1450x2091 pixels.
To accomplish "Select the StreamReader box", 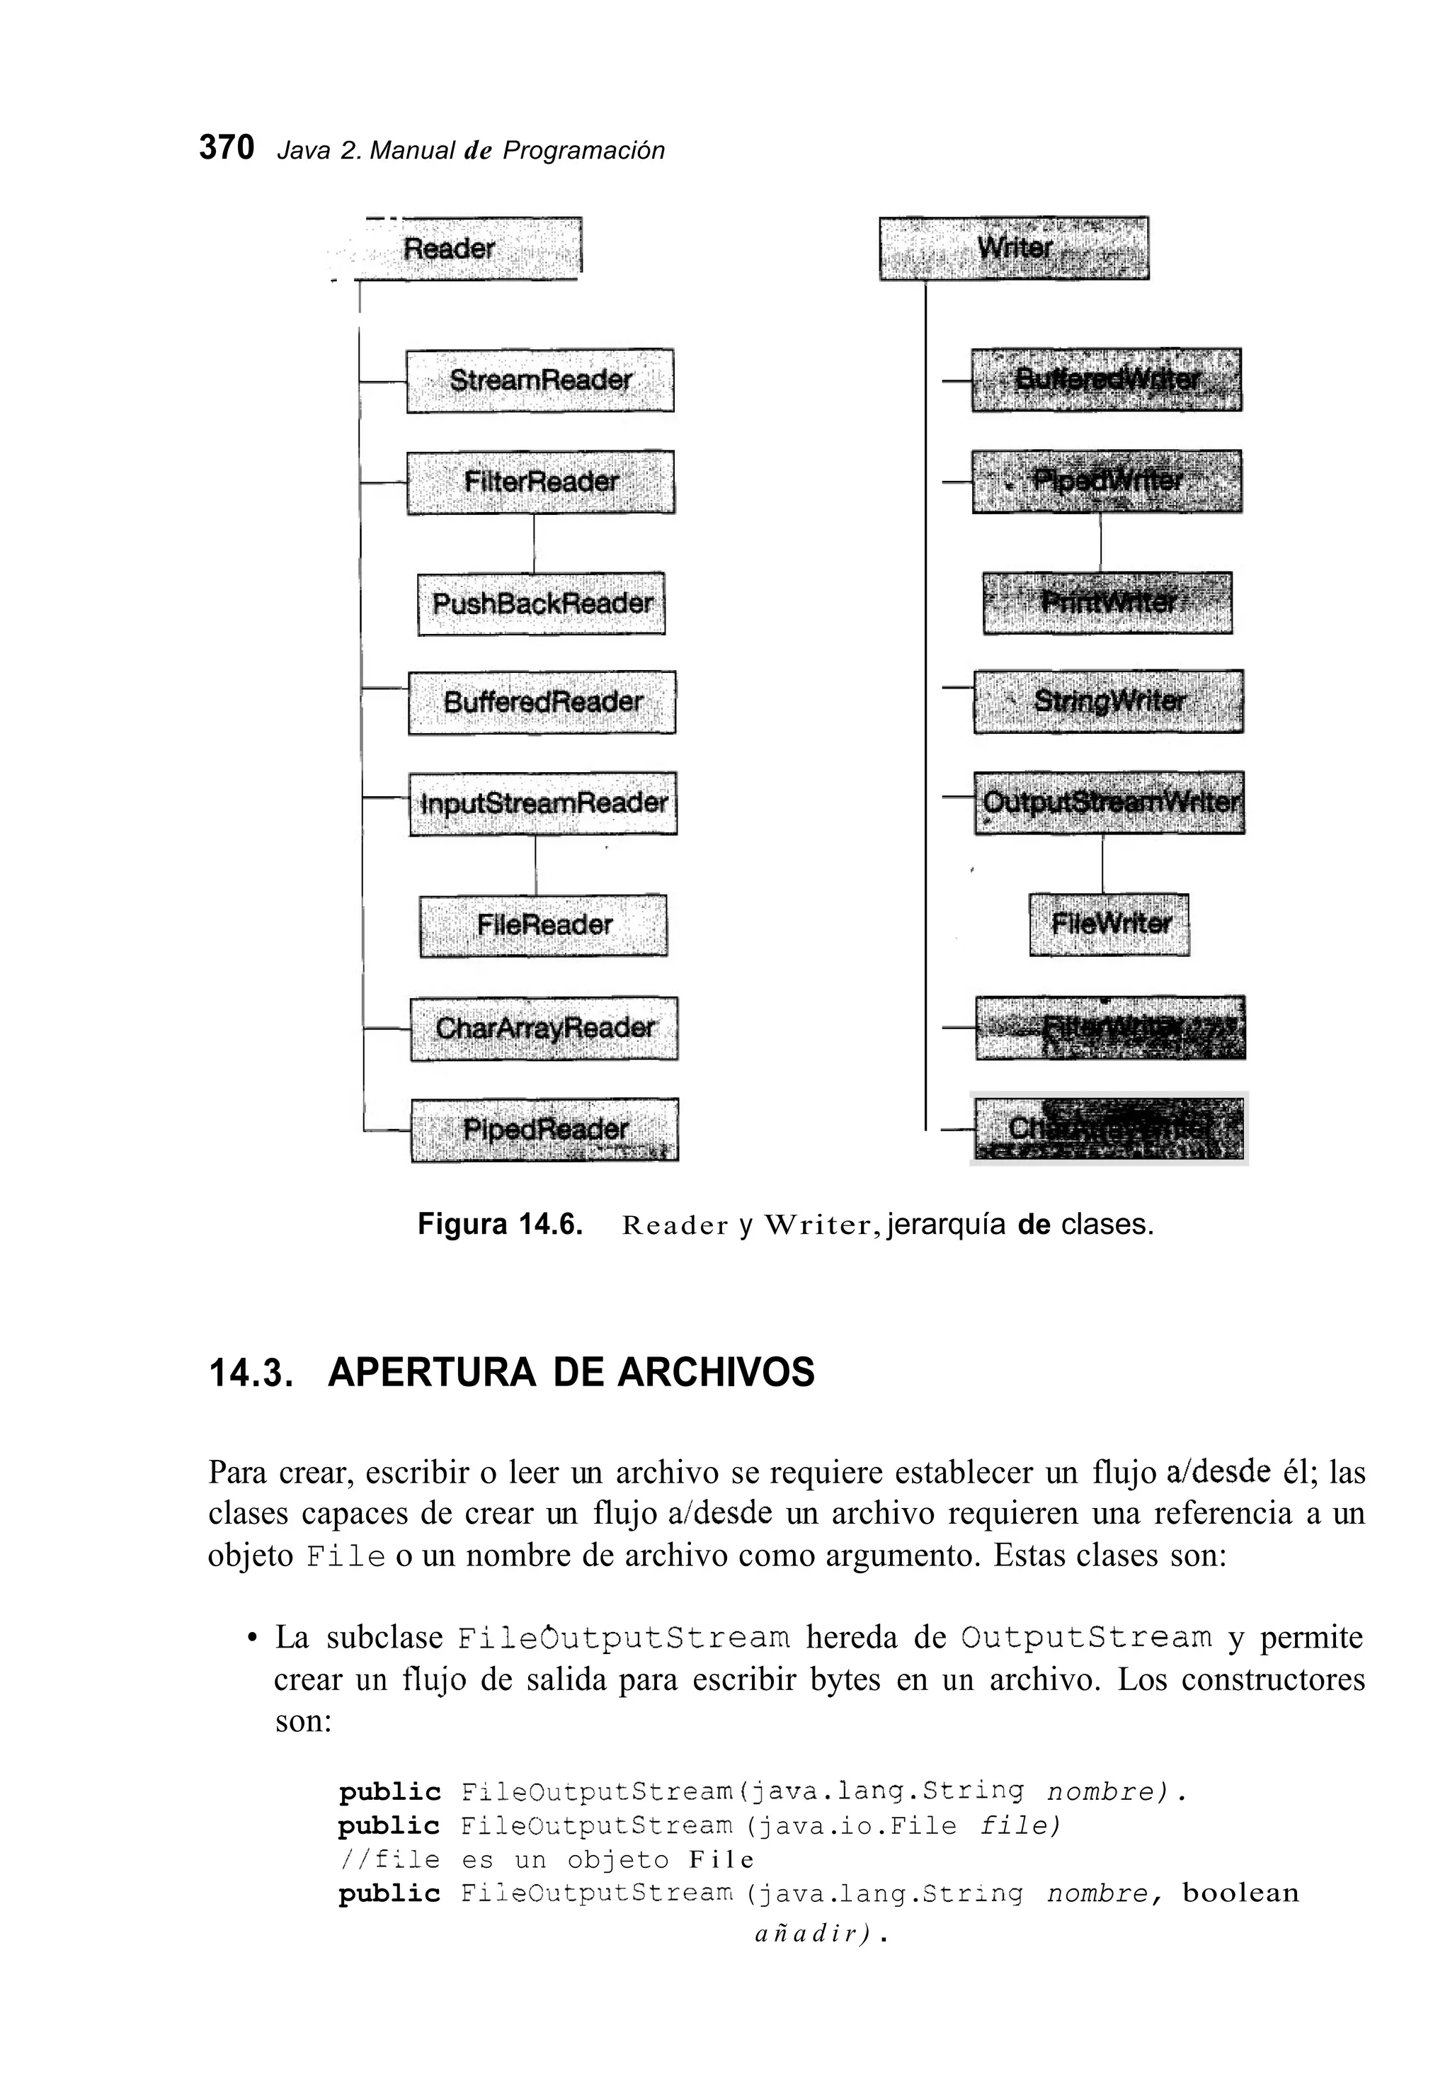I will (540, 380).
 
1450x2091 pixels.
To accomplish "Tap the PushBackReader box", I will (542, 603).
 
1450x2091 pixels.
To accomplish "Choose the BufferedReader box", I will (542, 703).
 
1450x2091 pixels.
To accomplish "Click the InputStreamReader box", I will (543, 803).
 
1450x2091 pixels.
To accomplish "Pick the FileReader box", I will (543, 925).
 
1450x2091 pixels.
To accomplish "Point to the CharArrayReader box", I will (544, 1028).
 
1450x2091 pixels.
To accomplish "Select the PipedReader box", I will (545, 1130).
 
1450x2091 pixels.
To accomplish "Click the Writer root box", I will (1014, 248).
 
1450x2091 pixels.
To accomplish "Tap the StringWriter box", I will (1109, 701).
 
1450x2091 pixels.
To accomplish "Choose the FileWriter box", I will (1109, 924).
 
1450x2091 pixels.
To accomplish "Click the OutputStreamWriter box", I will (1109, 803).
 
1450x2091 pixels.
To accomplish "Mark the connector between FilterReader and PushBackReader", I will (533, 543).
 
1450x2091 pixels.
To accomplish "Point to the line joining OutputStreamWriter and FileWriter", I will (1102, 863).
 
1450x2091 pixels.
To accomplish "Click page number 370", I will (227, 148).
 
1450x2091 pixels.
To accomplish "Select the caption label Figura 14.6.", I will (498, 1224).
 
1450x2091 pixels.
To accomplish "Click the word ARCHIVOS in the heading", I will (716, 1371).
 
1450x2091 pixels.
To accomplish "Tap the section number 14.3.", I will (251, 1373).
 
